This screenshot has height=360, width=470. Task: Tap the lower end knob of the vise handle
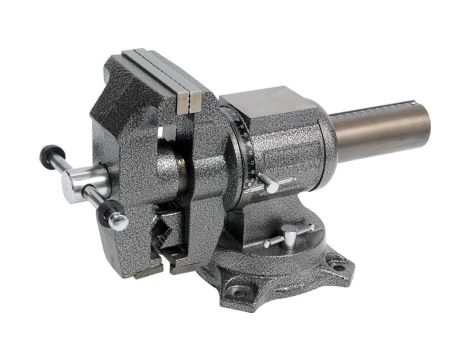(x=117, y=214)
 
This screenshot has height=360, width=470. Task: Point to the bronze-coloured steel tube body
(x=375, y=130)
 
